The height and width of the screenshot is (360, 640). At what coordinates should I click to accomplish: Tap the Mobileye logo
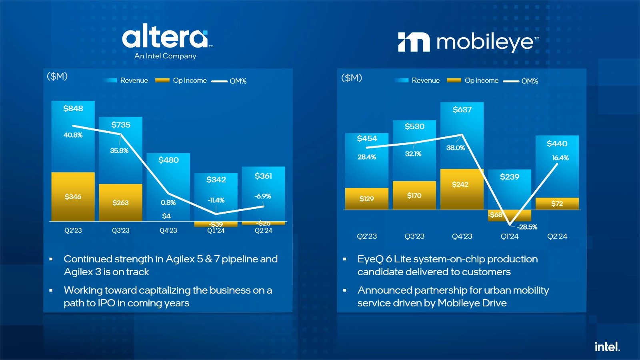point(468,42)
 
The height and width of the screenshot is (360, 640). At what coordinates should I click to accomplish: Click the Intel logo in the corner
point(607,346)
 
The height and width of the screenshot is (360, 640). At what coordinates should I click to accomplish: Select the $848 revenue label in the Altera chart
point(73,108)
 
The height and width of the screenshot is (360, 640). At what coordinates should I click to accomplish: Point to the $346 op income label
point(73,197)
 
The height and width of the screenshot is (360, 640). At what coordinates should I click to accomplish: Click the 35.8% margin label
point(119,151)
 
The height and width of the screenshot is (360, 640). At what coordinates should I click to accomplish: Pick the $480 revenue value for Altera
point(168,160)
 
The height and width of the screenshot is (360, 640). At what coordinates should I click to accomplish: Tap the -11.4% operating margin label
point(216,200)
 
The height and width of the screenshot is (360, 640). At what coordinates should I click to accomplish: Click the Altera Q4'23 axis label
point(168,230)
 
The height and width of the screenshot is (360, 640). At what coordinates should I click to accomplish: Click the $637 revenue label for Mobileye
point(462,110)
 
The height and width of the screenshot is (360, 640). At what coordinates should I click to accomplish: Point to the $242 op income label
point(460,184)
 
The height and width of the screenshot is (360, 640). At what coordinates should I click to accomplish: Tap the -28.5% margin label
point(527,227)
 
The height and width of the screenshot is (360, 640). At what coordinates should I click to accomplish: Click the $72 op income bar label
point(557,204)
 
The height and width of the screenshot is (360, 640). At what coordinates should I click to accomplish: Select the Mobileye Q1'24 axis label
point(509,236)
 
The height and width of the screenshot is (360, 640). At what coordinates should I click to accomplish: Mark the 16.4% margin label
point(560,158)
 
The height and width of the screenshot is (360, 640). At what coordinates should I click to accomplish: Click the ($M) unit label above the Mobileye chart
point(351,78)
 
